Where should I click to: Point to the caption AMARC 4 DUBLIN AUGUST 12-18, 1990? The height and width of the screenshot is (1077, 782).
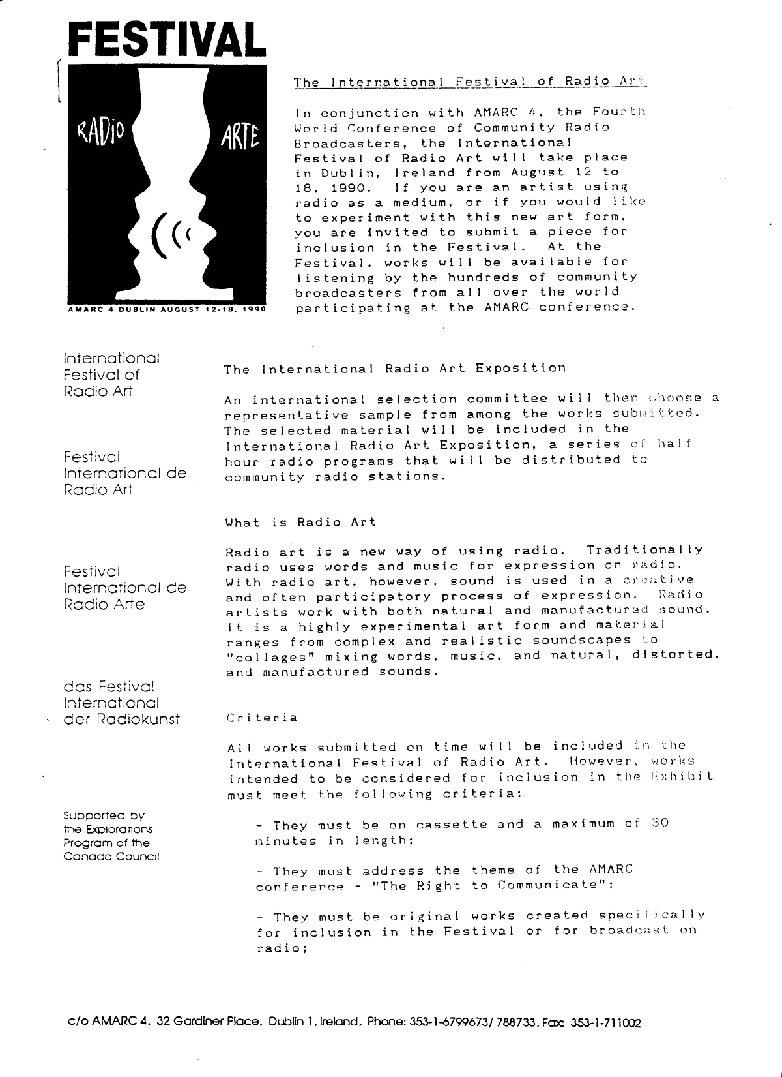[x=167, y=309]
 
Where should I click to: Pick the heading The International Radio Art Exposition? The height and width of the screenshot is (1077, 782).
[x=395, y=369]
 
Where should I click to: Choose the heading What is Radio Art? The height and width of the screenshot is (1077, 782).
[x=300, y=522]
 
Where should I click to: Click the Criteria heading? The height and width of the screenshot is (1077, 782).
[x=262, y=718]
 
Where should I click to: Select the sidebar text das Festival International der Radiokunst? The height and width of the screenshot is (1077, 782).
[x=121, y=703]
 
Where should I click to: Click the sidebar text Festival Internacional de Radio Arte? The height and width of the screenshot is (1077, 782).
[x=124, y=587]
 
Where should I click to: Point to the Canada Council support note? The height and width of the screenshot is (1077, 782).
[x=111, y=836]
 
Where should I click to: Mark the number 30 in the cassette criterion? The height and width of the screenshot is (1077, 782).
[x=660, y=823]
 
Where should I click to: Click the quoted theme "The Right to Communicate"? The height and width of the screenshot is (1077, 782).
[x=529, y=885]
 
